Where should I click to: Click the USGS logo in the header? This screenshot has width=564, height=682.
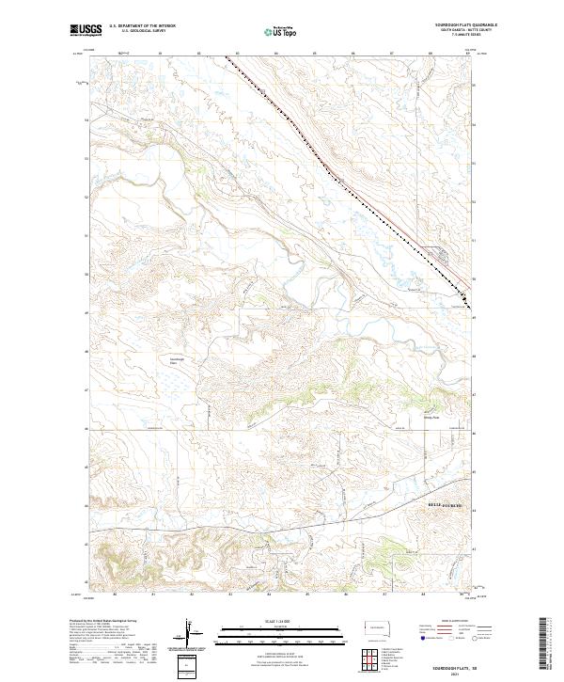coord(84,31)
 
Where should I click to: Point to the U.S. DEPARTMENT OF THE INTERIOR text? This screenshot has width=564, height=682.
coord(142,26)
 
